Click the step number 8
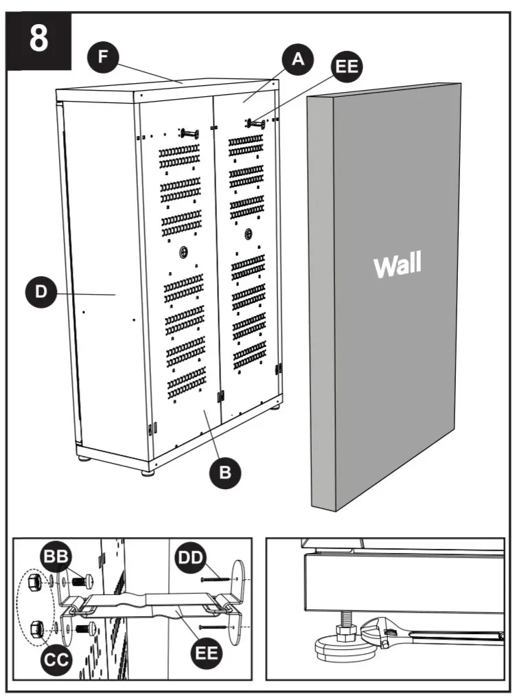(x=39, y=39)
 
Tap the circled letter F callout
(x=103, y=56)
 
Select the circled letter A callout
(x=297, y=60)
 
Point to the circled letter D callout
(x=41, y=291)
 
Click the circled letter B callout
(x=224, y=473)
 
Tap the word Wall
(x=397, y=264)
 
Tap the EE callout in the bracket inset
(x=204, y=652)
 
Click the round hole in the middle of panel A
(x=247, y=233)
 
